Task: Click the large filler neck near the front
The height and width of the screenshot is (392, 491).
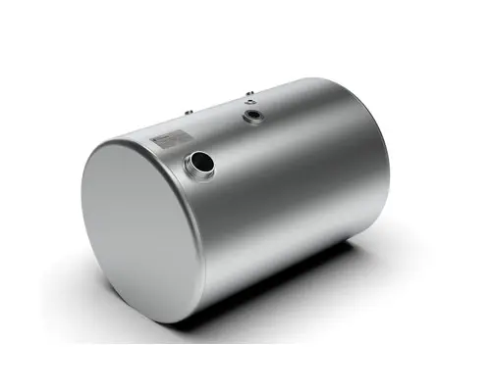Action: click(200, 163)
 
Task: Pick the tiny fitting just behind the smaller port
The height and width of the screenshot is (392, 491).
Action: click(249, 95)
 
